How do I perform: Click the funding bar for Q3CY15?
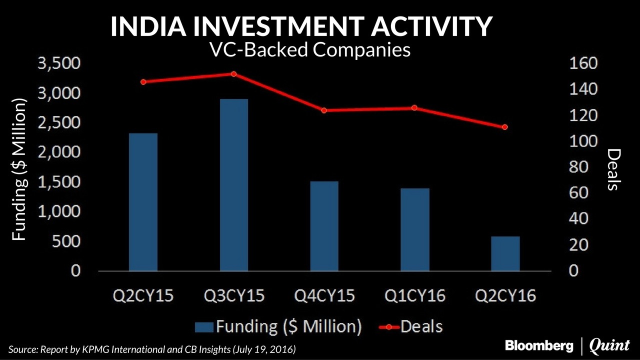coord(234,185)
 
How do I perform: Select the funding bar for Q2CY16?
coord(505,253)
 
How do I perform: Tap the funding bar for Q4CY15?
coord(324,226)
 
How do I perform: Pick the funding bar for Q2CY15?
coord(143,202)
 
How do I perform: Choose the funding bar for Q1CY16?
coord(415,229)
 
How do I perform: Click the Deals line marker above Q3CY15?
coord(233,74)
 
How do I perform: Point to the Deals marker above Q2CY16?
coord(505,127)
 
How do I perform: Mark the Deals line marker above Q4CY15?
coord(324,110)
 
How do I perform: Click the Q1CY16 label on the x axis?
coord(415,295)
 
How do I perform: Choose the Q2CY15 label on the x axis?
coord(143,295)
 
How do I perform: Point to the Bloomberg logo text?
coord(539,345)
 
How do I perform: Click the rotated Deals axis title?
coord(613,169)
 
